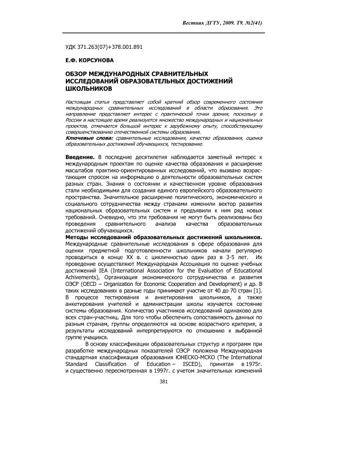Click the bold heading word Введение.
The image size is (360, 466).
tap(79, 156)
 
